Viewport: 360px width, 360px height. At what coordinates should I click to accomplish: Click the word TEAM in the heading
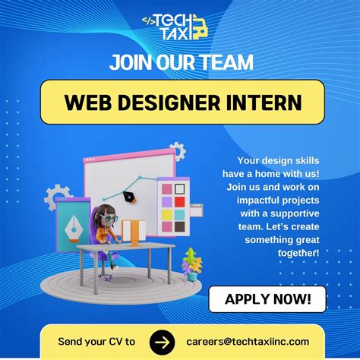click(229, 62)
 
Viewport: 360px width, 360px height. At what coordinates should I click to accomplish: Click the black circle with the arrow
click(162, 341)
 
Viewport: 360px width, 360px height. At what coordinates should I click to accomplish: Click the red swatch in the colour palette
click(178, 201)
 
